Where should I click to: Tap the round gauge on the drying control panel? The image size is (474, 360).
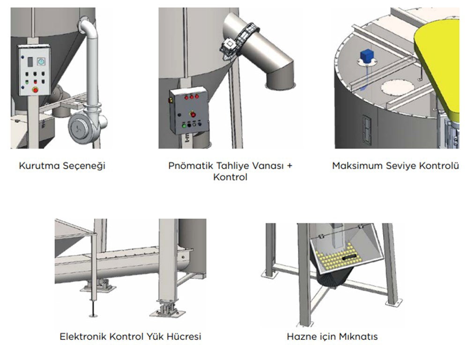pyautogui.click(x=41, y=61)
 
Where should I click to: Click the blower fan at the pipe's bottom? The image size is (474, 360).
pyautogui.click(x=85, y=128)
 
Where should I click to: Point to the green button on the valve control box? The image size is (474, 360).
pyautogui.click(x=183, y=125)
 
